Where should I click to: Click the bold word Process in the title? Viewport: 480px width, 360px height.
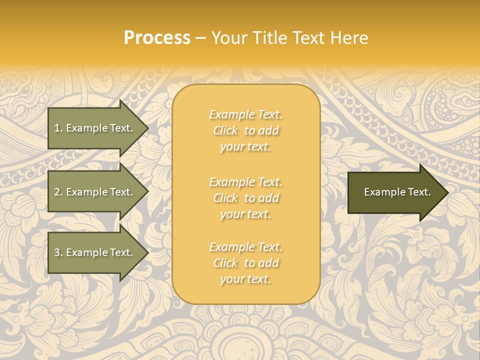pos(157,38)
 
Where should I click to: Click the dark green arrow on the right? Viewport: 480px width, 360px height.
pos(395,192)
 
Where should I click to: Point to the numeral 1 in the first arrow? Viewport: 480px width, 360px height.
pos(57,128)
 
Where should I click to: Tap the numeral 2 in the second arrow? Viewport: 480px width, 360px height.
pos(57,192)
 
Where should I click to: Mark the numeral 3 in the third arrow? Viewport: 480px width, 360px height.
pos(57,252)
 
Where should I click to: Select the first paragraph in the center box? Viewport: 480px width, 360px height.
pos(245,130)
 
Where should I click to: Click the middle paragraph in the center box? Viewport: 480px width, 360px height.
pos(245,198)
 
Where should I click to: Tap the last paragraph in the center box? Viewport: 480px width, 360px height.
pos(245,263)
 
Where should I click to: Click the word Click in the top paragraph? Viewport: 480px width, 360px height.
pos(225,131)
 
